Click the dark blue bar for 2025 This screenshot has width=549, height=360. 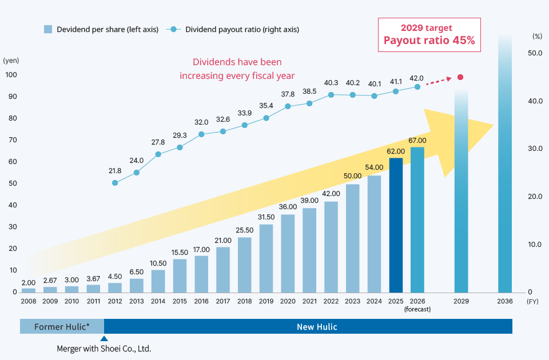pyautogui.click(x=396, y=225)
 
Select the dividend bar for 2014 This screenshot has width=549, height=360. pyautogui.click(x=158, y=281)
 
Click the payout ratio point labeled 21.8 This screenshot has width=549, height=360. pyautogui.click(x=115, y=183)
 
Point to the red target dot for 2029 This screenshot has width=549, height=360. pyautogui.click(x=460, y=77)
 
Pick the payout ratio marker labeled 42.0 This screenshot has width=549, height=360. pyautogui.click(x=417, y=87)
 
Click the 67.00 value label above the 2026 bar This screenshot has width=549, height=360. pyautogui.click(x=417, y=141)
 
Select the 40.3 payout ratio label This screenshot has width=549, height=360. pyautogui.click(x=331, y=83)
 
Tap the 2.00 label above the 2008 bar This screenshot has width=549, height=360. pyautogui.click(x=28, y=282)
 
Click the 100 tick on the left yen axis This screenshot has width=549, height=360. pyautogui.click(x=11, y=75)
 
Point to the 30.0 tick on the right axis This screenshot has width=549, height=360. pyautogui.click(x=535, y=149)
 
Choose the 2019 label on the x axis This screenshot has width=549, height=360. pyautogui.click(x=266, y=301)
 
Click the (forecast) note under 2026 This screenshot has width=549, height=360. pyautogui.click(x=417, y=309)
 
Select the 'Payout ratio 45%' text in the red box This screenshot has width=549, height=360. pyautogui.click(x=429, y=41)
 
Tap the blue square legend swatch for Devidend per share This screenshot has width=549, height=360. pyautogui.click(x=48, y=29)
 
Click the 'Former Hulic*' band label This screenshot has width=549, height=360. pyautogui.click(x=62, y=327)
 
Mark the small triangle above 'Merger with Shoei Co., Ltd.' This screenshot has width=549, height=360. pyautogui.click(x=104, y=338)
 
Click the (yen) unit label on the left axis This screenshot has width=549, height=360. pyautogui.click(x=11, y=60)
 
